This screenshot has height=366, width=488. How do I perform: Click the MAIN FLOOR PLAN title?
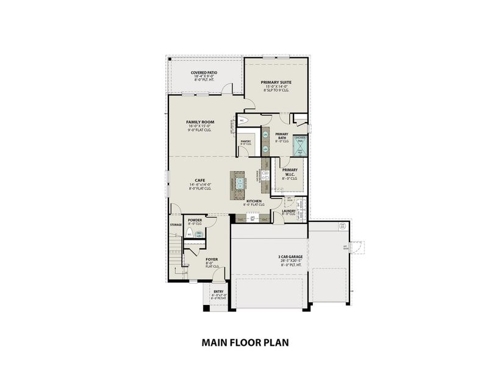pyautogui.click(x=244, y=343)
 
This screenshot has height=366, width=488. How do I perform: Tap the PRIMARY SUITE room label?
pyautogui.click(x=276, y=82)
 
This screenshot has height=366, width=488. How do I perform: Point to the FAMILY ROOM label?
pyautogui.click(x=199, y=122)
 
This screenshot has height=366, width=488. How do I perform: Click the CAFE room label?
pyautogui.click(x=199, y=180)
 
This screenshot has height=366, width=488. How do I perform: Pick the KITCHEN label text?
pyautogui.click(x=254, y=201)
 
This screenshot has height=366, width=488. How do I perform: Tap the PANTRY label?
pyautogui.click(x=246, y=142)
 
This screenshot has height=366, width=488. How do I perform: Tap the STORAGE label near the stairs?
pyautogui.click(x=176, y=225)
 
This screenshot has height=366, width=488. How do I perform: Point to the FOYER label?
pyautogui.click(x=212, y=259)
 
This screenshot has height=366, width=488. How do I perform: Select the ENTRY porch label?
pyautogui.click(x=218, y=292)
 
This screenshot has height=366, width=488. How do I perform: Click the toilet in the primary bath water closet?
pyautogui.click(x=243, y=121)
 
